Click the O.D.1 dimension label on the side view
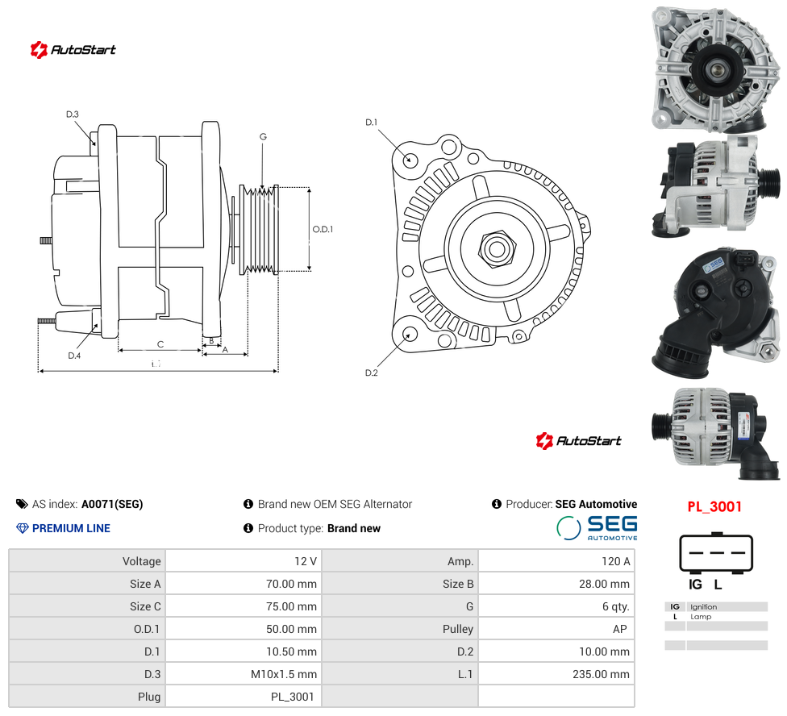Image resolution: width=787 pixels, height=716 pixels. point(323,229)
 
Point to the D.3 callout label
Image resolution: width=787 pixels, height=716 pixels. point(73,114)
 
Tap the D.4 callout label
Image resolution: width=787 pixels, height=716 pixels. point(74,356)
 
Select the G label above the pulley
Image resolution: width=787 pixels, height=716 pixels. point(263,136)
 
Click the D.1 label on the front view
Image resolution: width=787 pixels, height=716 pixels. point(372,123)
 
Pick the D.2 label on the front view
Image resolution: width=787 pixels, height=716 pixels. point(372,373)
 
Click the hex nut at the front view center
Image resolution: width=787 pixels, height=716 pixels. point(498,248)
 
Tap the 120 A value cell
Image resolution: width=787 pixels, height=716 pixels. point(556,561)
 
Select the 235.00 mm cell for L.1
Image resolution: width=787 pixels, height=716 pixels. point(556,674)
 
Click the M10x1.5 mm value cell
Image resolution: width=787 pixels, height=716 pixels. point(244,674)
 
